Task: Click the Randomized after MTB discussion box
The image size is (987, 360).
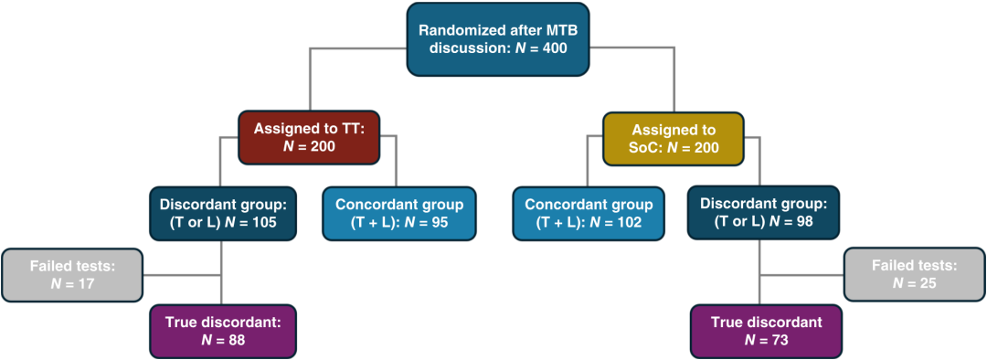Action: point(498,38)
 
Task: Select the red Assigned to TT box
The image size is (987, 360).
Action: point(309,139)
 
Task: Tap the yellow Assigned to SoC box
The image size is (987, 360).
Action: point(674,139)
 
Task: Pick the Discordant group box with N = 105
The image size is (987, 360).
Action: point(221,214)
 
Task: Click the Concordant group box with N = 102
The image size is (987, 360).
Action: point(588,214)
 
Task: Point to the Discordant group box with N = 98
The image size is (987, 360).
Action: point(763,214)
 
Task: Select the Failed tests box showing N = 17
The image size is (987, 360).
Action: point(72,274)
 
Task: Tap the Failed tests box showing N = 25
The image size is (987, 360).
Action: point(914,274)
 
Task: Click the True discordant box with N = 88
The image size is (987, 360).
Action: point(221,331)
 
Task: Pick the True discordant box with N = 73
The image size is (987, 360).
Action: point(766,331)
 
